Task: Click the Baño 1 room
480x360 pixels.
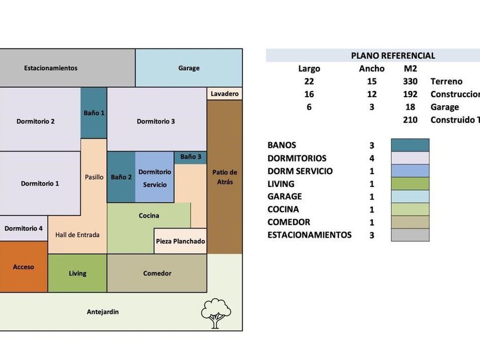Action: [94, 113]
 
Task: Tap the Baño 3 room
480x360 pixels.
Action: [191, 157]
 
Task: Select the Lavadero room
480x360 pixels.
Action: [225, 94]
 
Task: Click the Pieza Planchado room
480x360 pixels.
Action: [180, 241]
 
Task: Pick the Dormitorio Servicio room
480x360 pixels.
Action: [154, 178]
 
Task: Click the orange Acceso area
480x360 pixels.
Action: [23, 267]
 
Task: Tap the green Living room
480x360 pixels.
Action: [77, 273]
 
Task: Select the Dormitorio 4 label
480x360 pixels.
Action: [23, 229]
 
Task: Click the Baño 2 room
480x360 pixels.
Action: [121, 177]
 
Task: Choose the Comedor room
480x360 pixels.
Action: [157, 273]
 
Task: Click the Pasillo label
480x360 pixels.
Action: [94, 177]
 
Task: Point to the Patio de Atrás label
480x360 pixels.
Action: [225, 177]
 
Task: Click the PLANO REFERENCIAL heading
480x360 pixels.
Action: [393, 55]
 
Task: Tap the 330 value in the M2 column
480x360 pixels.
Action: [410, 81]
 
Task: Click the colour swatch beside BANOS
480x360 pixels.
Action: [410, 145]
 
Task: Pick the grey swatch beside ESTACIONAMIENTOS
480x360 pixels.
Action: [410, 235]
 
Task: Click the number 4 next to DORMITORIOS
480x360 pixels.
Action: [372, 158]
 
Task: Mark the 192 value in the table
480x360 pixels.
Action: [410, 94]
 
